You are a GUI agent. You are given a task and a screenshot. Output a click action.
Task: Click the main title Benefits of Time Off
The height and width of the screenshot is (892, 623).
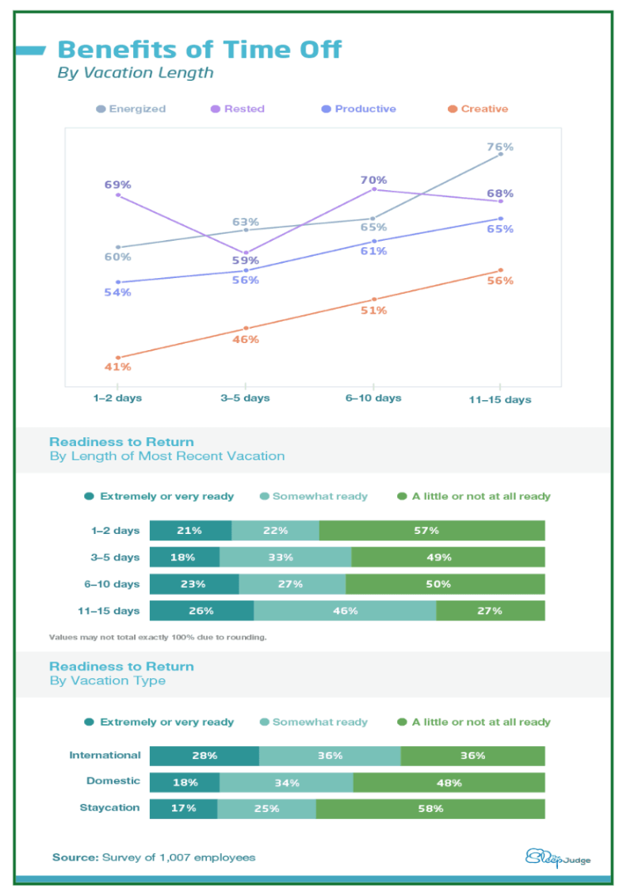(x=199, y=50)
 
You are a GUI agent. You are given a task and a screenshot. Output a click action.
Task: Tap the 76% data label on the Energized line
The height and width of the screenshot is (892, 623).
(x=500, y=147)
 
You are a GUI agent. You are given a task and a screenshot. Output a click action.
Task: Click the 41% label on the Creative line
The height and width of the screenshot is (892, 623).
(x=118, y=367)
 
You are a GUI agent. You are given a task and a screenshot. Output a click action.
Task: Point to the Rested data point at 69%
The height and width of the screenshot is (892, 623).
(x=118, y=195)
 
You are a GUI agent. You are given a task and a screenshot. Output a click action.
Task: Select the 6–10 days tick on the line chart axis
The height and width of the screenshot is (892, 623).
(x=373, y=398)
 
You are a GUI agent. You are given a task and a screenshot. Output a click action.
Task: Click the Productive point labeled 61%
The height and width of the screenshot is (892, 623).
(x=373, y=241)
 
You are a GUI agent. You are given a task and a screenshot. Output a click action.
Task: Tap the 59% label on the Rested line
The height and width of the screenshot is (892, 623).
(x=246, y=261)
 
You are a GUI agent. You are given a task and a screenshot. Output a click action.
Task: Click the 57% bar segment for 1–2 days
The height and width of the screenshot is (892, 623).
(x=432, y=531)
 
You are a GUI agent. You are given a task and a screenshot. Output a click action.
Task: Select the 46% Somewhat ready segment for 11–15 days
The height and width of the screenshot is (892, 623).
(x=345, y=611)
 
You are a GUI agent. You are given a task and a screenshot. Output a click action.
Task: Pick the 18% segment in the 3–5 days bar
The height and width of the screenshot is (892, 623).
(x=184, y=558)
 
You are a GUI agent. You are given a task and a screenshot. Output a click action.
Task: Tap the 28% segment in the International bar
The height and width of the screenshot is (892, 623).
(x=204, y=756)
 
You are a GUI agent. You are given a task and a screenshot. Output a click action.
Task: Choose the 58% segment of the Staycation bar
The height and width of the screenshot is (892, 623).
(x=430, y=809)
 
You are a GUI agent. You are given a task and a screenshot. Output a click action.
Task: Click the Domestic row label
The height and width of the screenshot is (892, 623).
(x=113, y=781)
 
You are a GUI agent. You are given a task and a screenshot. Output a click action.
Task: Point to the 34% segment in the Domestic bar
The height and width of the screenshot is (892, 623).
(x=286, y=783)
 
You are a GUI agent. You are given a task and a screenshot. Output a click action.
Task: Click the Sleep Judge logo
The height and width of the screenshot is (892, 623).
(x=558, y=858)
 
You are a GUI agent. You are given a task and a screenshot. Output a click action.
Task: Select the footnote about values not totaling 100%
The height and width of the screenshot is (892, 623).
(x=158, y=637)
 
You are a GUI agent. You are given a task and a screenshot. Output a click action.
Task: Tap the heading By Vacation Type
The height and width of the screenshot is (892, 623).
(x=107, y=680)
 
